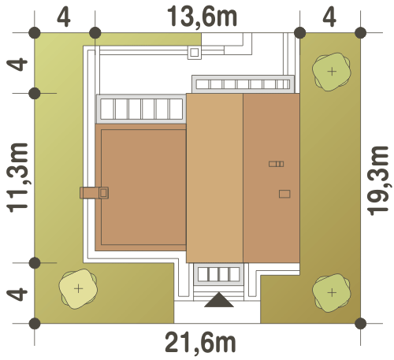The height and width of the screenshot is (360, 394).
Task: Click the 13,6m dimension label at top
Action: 202,17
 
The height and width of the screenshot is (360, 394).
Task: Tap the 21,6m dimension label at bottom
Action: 200,343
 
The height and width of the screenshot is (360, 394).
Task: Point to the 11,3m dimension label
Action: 17,178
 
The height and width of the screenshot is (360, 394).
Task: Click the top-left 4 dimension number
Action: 64,17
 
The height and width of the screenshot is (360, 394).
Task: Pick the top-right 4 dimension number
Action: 329,17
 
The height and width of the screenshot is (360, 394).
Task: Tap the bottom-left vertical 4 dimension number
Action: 17,295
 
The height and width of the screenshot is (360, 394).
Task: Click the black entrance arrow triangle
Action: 219,300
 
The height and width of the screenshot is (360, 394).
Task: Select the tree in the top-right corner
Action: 332,72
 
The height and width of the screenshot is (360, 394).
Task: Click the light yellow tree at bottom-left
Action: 78,289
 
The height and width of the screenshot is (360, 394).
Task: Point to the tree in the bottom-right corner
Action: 332,293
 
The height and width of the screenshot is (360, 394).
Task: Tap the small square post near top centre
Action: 195,53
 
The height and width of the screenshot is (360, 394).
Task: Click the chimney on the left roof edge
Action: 95,193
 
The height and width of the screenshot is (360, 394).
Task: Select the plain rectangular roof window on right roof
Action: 284,194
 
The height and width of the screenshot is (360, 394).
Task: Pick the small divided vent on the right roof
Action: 277,164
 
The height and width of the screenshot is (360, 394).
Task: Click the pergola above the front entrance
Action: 218,274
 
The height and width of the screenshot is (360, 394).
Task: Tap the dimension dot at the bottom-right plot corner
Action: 361,323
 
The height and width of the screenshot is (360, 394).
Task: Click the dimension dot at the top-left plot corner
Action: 35,33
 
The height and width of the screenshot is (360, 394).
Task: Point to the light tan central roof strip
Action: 214,178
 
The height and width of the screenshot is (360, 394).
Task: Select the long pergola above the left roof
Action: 141,109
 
